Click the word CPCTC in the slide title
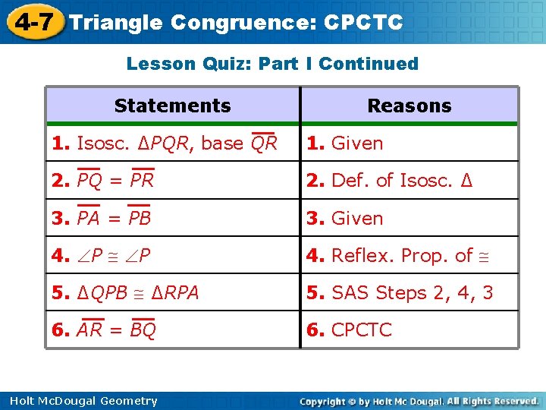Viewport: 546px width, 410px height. [363, 23]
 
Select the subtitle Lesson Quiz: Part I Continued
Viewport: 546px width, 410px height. [272, 64]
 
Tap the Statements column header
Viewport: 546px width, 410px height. [173, 106]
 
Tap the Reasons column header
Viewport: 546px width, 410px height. [409, 106]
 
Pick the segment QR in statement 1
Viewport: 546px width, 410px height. [264, 143]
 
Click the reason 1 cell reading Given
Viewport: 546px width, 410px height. [345, 143]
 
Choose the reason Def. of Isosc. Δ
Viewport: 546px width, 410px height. [390, 181]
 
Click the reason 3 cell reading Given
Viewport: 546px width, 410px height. [345, 219]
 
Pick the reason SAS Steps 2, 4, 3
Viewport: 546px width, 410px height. [400, 293]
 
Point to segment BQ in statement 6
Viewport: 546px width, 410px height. [143, 330]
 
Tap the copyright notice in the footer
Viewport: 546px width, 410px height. [419, 401]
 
